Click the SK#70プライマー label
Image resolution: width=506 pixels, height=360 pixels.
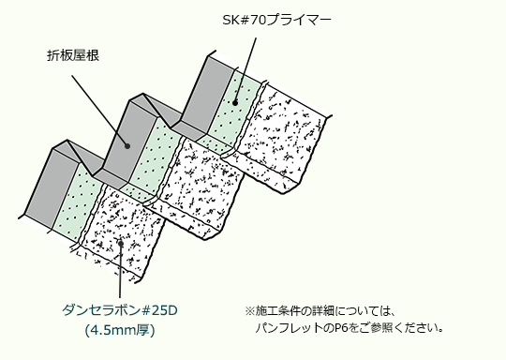[x=276, y=20]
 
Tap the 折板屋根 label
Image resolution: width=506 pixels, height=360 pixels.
[x=73, y=55]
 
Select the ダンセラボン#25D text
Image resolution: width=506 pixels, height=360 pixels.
[x=120, y=310]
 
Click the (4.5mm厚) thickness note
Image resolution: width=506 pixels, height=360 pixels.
[x=120, y=330]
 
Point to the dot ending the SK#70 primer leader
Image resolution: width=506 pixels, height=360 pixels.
[x=235, y=103]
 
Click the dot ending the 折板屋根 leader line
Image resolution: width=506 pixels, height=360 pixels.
[x=127, y=146]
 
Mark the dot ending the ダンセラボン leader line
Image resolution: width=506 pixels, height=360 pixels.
[x=120, y=244]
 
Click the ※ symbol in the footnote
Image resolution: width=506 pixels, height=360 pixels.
[x=250, y=311]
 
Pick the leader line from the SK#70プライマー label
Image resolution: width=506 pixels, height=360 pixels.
[x=246, y=70]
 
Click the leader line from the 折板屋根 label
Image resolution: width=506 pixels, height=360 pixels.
[x=99, y=111]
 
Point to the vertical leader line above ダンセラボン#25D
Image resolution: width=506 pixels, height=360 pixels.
[x=120, y=271]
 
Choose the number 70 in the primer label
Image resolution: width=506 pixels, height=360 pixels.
[x=259, y=20]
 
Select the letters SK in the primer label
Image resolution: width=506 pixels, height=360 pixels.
[x=231, y=20]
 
